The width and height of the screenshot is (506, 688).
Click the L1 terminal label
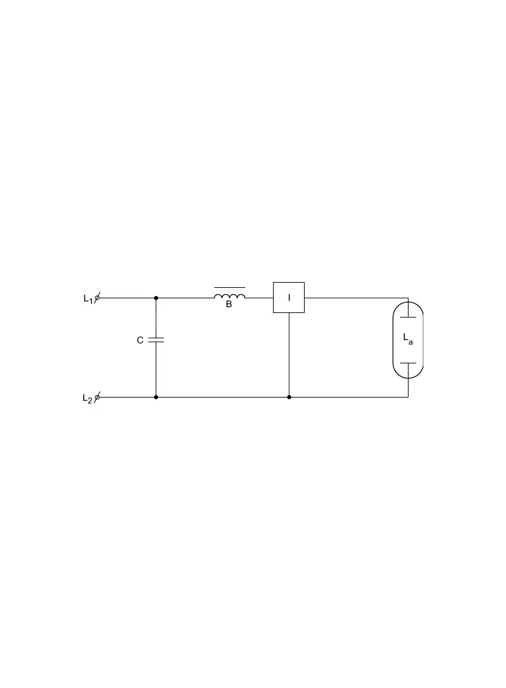point(88,299)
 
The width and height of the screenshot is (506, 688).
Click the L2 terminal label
point(87,398)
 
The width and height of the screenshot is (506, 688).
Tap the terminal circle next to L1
point(97,298)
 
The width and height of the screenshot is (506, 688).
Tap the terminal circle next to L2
point(97,397)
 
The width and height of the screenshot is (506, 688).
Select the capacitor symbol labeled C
point(156,339)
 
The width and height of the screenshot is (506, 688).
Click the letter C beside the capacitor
point(140,340)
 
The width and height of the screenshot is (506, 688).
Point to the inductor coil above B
point(230,296)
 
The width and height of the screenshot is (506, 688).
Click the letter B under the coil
point(228,304)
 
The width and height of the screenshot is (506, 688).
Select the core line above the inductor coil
point(230,287)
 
